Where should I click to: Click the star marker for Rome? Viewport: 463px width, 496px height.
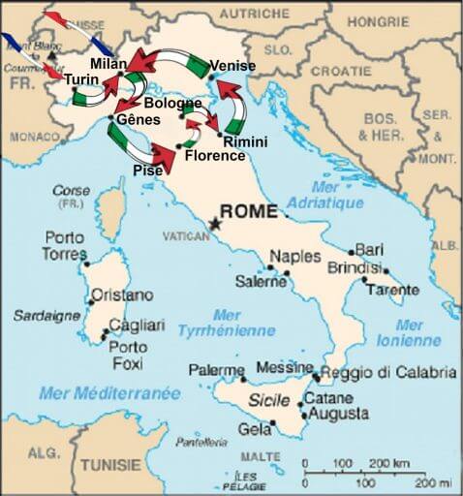214,224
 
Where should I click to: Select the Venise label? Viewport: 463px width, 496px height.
232,66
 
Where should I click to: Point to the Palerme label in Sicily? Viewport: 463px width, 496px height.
216,370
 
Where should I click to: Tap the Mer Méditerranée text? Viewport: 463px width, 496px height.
109,393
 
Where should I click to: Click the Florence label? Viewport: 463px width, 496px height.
215,155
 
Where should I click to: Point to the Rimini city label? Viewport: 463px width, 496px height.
245,142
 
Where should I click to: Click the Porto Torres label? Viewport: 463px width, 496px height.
66,245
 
